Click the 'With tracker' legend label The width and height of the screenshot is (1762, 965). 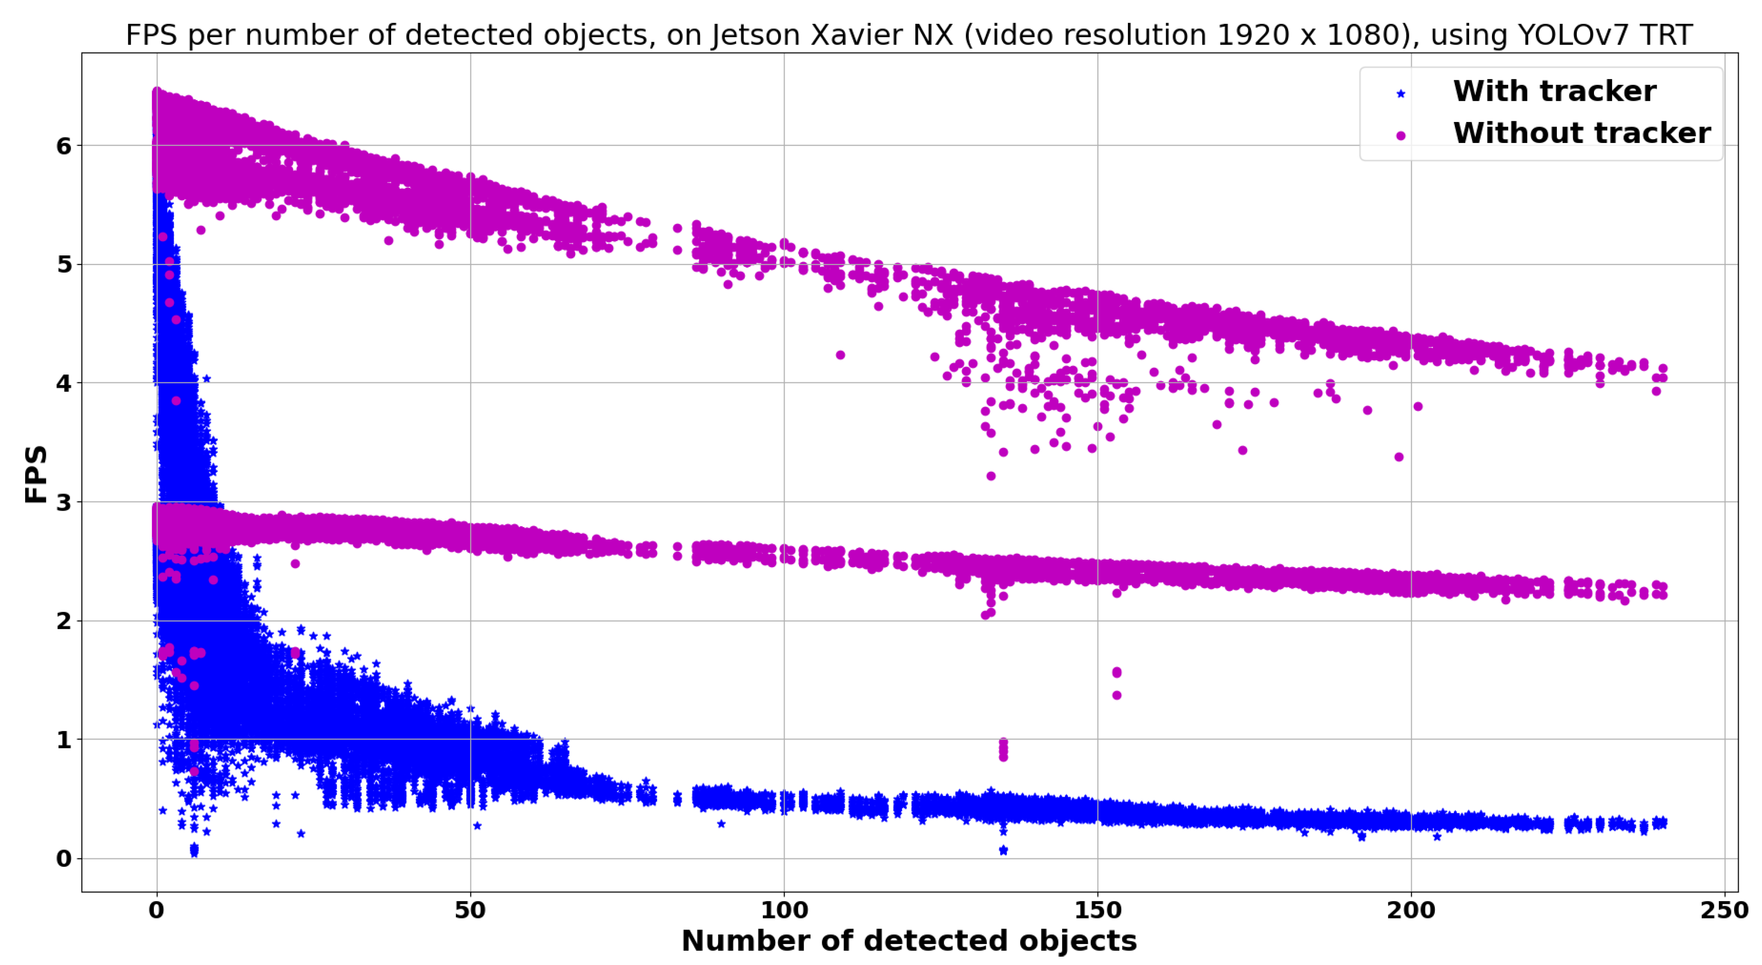pyautogui.click(x=1554, y=91)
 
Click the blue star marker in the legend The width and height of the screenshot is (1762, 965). pyautogui.click(x=1400, y=94)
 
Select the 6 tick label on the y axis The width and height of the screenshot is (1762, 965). pyautogui.click(x=64, y=146)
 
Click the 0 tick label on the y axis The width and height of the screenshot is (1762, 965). pyautogui.click(x=64, y=858)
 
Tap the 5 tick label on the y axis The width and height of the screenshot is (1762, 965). pyautogui.click(x=64, y=264)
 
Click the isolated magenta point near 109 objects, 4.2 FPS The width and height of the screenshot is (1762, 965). pyautogui.click(x=840, y=355)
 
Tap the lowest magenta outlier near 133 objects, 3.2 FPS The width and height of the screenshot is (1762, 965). pyautogui.click(x=990, y=476)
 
